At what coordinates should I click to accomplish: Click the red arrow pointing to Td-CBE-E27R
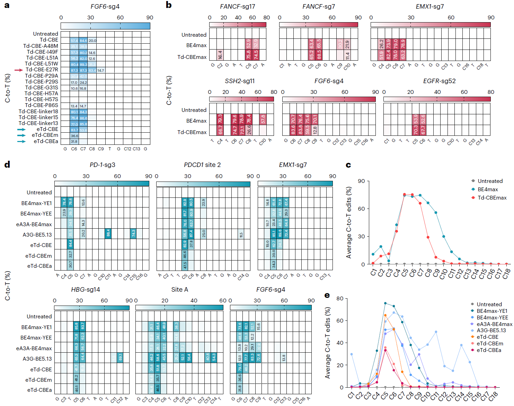(x=19, y=70)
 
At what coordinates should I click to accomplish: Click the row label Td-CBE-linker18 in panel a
(x=38, y=112)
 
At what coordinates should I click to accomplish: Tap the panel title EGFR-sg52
(x=439, y=81)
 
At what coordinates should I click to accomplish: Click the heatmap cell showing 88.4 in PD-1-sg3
(x=108, y=234)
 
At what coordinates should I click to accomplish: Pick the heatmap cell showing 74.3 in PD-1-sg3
(x=133, y=234)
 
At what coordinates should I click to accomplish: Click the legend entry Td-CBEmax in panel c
(x=492, y=198)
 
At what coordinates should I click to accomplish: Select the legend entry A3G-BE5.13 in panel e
(x=491, y=330)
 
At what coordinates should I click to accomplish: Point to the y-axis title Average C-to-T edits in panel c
(x=349, y=222)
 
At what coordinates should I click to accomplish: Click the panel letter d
(x=7, y=165)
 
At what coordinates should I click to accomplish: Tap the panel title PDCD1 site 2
(x=202, y=165)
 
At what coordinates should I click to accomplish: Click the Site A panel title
(x=179, y=290)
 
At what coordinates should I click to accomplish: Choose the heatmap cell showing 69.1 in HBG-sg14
(x=120, y=358)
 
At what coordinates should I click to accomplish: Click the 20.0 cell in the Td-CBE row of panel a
(x=92, y=41)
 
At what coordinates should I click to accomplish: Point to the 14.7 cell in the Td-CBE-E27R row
(x=101, y=70)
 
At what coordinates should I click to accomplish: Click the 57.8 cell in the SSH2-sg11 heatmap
(x=263, y=119)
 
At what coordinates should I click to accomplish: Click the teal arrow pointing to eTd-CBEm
(x=21, y=135)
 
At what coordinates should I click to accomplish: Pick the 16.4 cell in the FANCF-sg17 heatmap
(x=220, y=55)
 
